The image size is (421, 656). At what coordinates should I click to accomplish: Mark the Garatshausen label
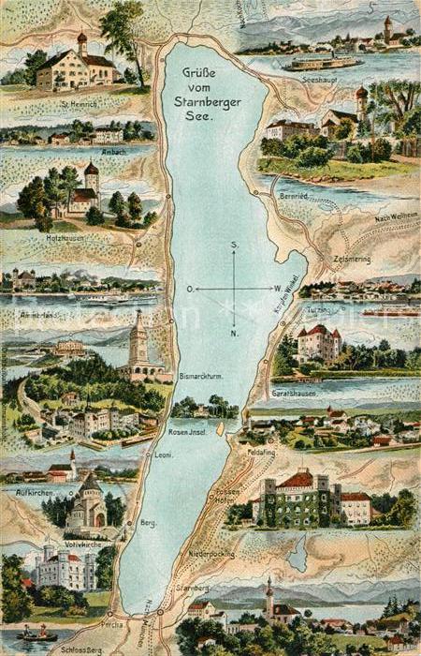321,395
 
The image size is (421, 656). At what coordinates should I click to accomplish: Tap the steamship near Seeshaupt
321,63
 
